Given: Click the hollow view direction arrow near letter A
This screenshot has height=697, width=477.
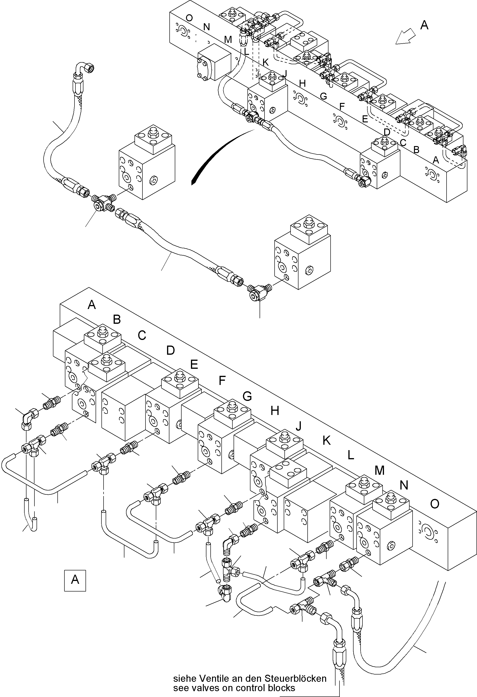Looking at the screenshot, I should [405, 38].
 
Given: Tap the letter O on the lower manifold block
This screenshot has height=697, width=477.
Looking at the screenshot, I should [434, 504].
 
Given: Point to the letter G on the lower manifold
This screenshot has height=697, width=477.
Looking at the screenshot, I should [247, 396].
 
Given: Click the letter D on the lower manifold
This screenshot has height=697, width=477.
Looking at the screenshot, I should [171, 350].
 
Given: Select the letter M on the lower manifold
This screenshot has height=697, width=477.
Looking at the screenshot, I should [379, 471].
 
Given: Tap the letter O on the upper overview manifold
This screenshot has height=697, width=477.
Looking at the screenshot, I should [189, 18].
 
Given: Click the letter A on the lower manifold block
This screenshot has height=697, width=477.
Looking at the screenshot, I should [92, 305].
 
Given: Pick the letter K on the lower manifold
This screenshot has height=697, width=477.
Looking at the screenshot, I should [327, 441].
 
